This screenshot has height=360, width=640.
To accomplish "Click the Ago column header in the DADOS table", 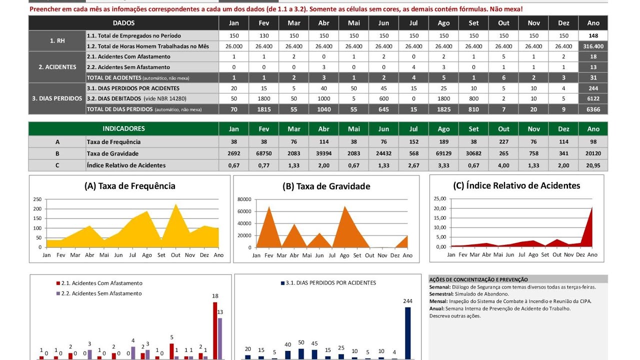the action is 443,23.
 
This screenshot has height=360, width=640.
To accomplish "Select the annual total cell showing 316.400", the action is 593,46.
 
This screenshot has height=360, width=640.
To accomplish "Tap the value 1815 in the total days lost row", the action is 263,109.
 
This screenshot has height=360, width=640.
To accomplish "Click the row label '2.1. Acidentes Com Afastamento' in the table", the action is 128,56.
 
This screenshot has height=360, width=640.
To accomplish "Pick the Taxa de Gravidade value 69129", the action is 443,153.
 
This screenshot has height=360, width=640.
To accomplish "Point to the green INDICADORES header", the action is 123,128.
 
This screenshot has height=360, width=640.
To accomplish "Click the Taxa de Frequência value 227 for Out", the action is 503,141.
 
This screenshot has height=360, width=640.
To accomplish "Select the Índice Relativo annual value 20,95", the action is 593,165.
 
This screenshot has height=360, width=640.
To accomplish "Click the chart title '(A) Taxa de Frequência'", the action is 129,186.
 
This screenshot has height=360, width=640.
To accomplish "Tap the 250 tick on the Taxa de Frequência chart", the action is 37,199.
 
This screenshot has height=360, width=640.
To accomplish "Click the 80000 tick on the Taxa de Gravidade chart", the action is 244,199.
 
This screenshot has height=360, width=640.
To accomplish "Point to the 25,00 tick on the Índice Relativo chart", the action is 440,198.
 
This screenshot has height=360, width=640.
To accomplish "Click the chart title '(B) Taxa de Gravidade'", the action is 326,186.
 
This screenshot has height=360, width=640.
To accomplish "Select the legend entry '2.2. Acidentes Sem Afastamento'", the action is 99,293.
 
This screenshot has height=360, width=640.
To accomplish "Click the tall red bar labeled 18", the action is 215,330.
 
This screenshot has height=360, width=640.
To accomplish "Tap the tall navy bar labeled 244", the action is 407,333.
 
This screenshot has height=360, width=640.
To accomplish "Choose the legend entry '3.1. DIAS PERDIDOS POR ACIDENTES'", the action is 328,283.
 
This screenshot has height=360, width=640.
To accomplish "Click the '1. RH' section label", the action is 57,41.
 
